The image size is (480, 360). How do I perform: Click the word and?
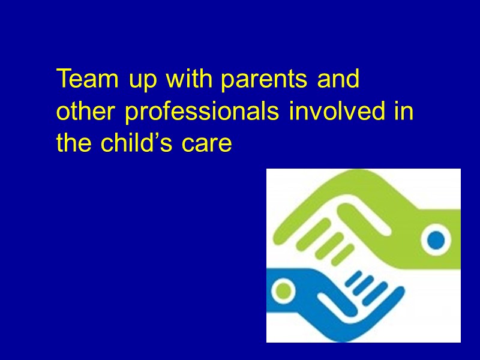point(338,79)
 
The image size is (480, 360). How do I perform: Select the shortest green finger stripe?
point(343,255)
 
